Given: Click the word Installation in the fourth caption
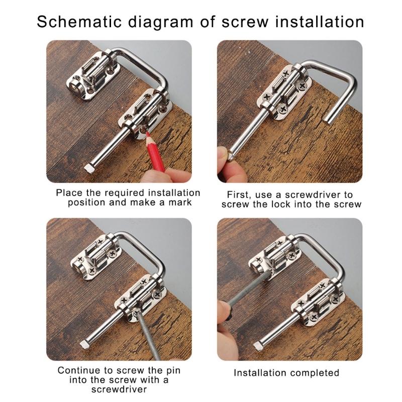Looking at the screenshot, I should pyautogui.click(x=261, y=373).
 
